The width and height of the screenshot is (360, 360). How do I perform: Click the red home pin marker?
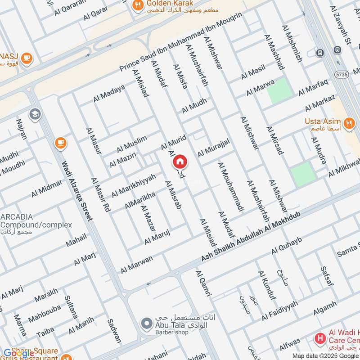tap(180, 161)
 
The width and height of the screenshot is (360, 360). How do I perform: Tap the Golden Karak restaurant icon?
tap(137, 5)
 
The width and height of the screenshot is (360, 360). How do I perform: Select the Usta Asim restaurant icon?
tap(348, 122)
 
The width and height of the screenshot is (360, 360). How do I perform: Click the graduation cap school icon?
tap(34, 114)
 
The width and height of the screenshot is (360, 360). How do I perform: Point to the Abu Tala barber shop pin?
tap(145, 323)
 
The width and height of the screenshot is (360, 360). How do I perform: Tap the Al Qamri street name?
tap(203, 283)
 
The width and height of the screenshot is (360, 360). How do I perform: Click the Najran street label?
tap(22, 129)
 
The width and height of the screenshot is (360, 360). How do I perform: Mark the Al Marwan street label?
tap(136, 264)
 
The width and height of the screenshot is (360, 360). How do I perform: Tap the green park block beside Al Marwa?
tap(277, 90)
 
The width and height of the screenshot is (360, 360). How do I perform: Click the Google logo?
tap(18, 354)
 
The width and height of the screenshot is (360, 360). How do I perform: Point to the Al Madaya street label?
tap(109, 94)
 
